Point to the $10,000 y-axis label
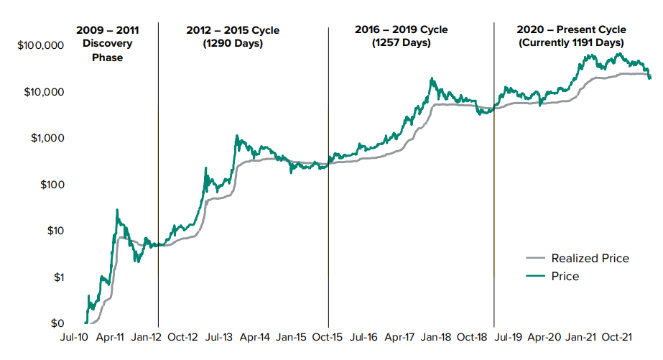coord(45,92)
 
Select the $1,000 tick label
coord(48,138)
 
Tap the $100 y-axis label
coord(52,185)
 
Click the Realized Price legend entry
coord(590,259)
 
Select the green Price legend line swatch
coord(536,277)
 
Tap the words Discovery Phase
coord(107,50)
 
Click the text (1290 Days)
coord(233,43)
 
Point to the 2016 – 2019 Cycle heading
coord(401,30)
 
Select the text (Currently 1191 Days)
coord(571,43)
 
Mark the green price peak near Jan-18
coord(431,78)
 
